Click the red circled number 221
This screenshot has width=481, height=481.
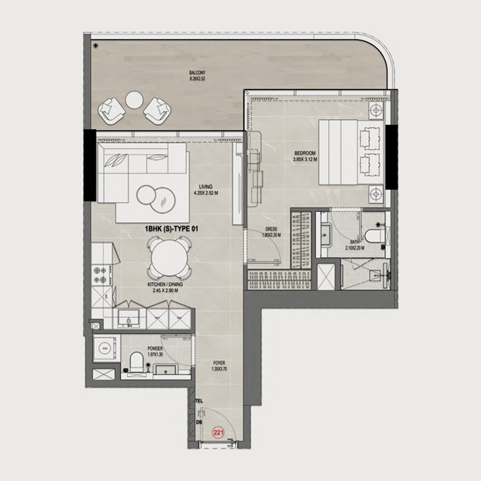pos(218,431)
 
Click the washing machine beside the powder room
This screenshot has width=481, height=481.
pos(106,348)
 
